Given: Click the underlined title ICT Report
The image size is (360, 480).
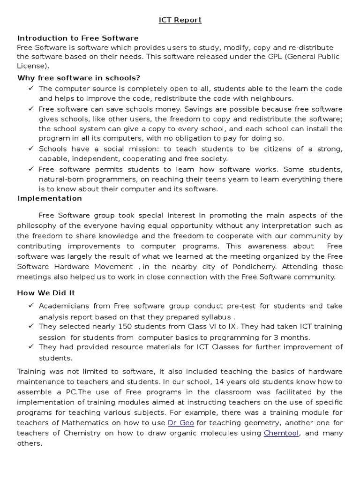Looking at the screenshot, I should click(x=180, y=20).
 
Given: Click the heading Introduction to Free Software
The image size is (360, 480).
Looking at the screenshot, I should click(x=78, y=38).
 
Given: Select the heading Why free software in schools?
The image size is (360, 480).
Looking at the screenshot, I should click(x=79, y=77).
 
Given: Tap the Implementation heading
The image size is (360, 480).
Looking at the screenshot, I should click(x=50, y=198).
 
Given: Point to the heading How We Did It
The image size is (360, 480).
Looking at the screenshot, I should click(x=46, y=292).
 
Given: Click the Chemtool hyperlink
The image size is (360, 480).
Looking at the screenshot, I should click(x=281, y=433).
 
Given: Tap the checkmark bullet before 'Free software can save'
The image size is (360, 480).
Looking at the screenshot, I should click(x=31, y=108).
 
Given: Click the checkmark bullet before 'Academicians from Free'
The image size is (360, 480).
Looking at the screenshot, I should click(x=31, y=306).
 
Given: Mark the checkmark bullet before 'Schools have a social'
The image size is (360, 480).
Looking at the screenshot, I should click(x=31, y=149).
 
